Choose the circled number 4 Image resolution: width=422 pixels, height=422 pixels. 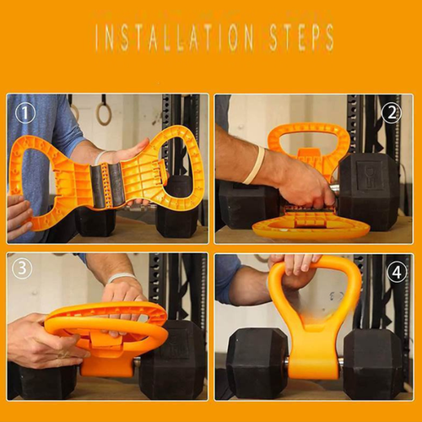coord(397,272)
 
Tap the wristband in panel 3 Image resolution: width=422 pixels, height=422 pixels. coord(122,278)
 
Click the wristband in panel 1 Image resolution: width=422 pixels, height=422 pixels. coord(100,157)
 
